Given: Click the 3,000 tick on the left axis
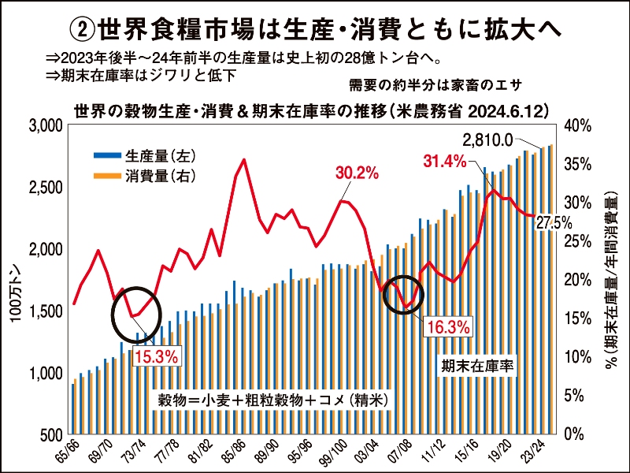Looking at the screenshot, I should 46,126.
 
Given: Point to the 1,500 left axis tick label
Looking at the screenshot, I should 46,312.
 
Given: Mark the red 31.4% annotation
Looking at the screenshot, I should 445,162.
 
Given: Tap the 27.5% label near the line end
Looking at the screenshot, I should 554,223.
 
